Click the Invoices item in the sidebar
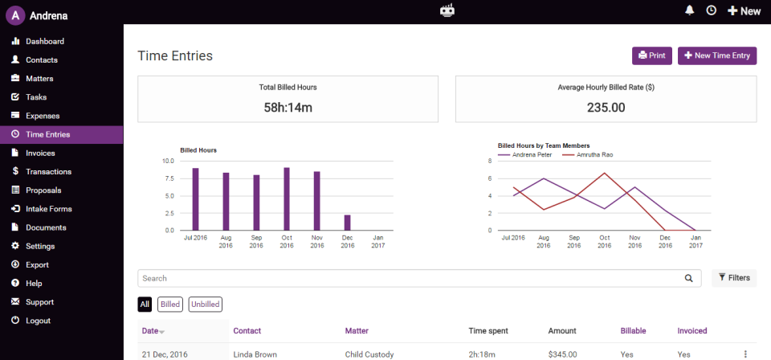point(40,153)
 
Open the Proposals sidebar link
point(43,190)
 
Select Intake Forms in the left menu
point(48,209)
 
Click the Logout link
point(38,321)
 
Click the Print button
point(651,55)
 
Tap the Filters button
point(734,278)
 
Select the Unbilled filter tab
point(205,304)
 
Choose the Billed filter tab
point(170,304)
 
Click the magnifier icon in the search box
point(688,278)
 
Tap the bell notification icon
point(689,10)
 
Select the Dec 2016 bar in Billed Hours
point(347,222)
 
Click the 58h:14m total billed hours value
point(288,107)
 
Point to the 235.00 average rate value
point(606,107)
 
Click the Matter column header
point(357,330)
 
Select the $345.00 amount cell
point(564,354)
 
